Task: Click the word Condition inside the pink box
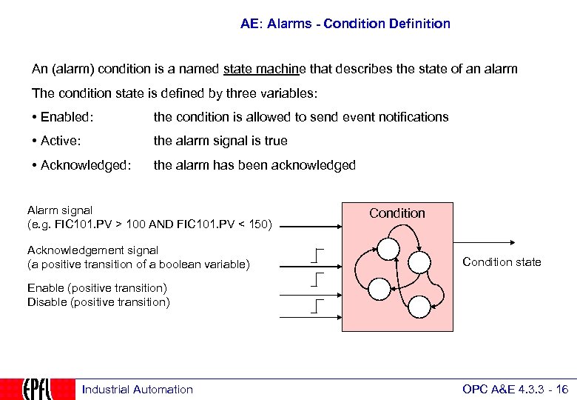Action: [397, 213]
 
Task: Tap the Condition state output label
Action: [502, 262]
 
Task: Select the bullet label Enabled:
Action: [67, 117]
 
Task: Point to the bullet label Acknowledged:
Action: [81, 165]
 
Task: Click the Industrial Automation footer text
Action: [137, 390]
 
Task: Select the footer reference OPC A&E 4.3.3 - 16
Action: [515, 390]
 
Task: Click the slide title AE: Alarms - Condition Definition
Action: [345, 24]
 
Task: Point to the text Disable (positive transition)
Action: [98, 301]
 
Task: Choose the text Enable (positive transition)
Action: [97, 288]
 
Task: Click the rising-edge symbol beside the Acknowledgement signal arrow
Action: [318, 256]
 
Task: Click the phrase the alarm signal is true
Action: [220, 141]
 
